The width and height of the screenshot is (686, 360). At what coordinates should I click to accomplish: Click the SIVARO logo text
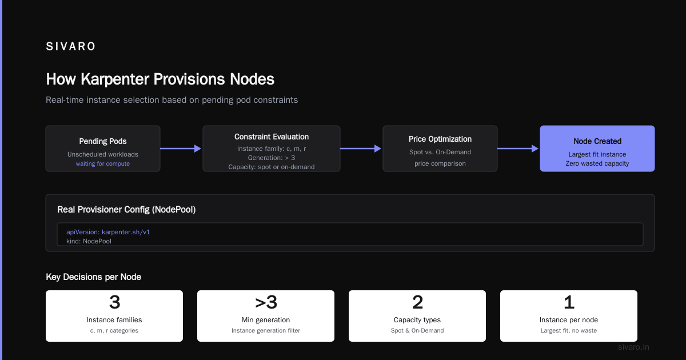click(x=70, y=46)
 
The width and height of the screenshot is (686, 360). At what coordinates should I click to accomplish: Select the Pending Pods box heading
click(x=103, y=141)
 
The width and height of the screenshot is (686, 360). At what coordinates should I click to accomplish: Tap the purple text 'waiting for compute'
click(x=103, y=164)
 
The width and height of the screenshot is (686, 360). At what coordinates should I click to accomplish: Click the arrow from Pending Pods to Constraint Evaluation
click(x=181, y=149)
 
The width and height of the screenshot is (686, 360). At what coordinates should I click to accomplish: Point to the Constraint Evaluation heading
click(x=272, y=137)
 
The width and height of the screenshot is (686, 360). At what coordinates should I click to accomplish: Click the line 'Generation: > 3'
click(x=272, y=158)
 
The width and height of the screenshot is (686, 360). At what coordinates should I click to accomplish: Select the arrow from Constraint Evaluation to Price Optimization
click(x=361, y=149)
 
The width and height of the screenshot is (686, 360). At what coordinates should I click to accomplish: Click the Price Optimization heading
click(x=440, y=139)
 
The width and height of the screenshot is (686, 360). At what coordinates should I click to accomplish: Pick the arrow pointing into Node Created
click(x=518, y=149)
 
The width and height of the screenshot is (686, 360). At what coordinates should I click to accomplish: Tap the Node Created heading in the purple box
click(x=597, y=141)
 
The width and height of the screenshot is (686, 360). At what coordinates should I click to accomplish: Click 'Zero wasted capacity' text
click(x=597, y=163)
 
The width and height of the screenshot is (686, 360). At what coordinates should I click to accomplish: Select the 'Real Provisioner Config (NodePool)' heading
click(x=126, y=210)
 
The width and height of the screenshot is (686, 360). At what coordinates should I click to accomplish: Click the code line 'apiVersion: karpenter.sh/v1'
click(x=109, y=232)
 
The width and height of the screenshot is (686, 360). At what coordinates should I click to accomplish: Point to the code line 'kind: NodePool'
click(x=89, y=241)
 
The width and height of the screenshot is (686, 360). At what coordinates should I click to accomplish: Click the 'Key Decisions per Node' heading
click(x=93, y=277)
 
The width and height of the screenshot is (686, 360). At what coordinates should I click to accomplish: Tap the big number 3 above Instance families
click(x=114, y=302)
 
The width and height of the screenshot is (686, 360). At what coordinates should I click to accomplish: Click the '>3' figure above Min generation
click(x=266, y=302)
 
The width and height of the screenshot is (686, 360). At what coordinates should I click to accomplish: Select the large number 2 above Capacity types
click(x=417, y=302)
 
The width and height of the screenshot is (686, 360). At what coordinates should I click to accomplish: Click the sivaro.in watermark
click(x=633, y=347)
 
